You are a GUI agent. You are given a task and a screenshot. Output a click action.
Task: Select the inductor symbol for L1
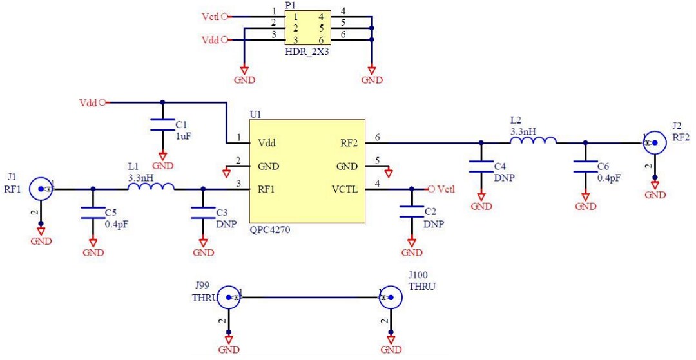coord(151,187)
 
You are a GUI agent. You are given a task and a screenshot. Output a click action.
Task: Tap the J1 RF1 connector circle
coord(42,189)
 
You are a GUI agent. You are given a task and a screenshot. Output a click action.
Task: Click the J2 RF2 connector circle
coord(655,142)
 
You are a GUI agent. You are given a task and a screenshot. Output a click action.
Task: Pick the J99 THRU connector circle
coord(229,298)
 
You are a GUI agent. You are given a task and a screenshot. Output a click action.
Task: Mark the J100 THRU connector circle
coord(391,298)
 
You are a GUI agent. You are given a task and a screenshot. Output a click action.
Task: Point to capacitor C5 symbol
coord(93,213)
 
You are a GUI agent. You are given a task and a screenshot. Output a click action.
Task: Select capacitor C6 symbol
coord(585,167)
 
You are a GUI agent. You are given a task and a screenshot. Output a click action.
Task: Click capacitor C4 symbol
coord(481,167)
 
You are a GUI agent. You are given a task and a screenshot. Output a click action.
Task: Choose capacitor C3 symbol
coord(203,213)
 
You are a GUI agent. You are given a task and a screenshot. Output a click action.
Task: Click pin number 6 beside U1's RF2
coord(377,137)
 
